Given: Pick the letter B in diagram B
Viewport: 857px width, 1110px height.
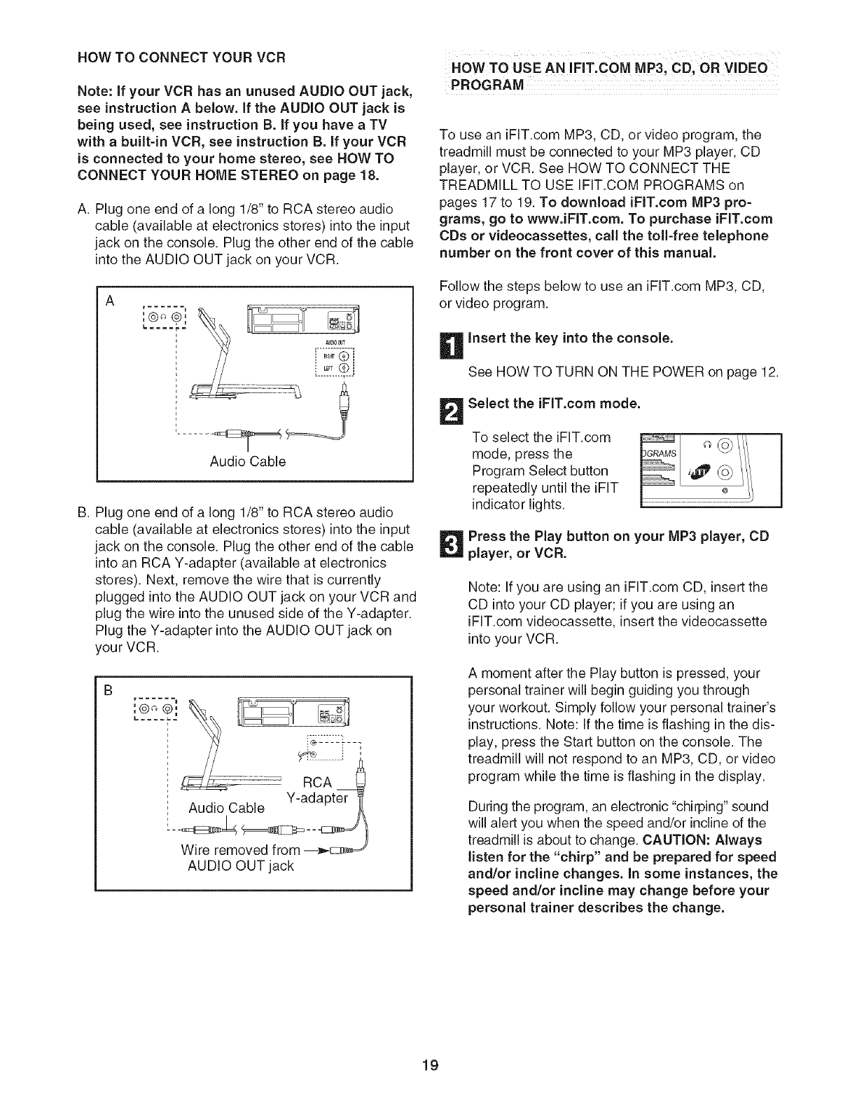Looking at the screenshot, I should point(109,689).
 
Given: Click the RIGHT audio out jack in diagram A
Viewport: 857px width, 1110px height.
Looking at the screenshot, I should point(343,355).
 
